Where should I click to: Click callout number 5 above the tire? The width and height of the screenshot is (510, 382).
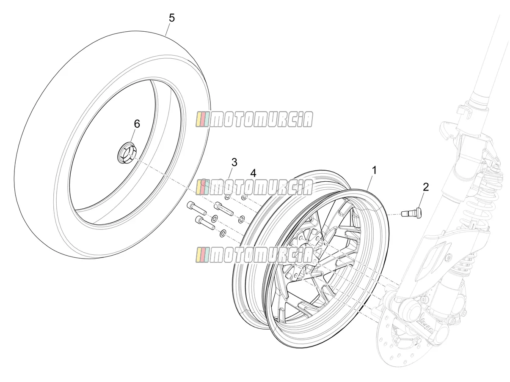click(171, 18)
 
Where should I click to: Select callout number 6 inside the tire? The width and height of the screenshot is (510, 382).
click(137, 124)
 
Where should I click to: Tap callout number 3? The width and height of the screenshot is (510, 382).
click(234, 162)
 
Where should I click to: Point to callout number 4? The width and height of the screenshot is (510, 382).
click(253, 173)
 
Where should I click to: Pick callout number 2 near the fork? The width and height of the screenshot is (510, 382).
click(426, 187)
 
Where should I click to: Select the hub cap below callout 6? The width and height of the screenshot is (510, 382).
click(127, 153)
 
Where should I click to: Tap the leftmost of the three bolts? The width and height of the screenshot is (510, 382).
click(196, 208)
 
